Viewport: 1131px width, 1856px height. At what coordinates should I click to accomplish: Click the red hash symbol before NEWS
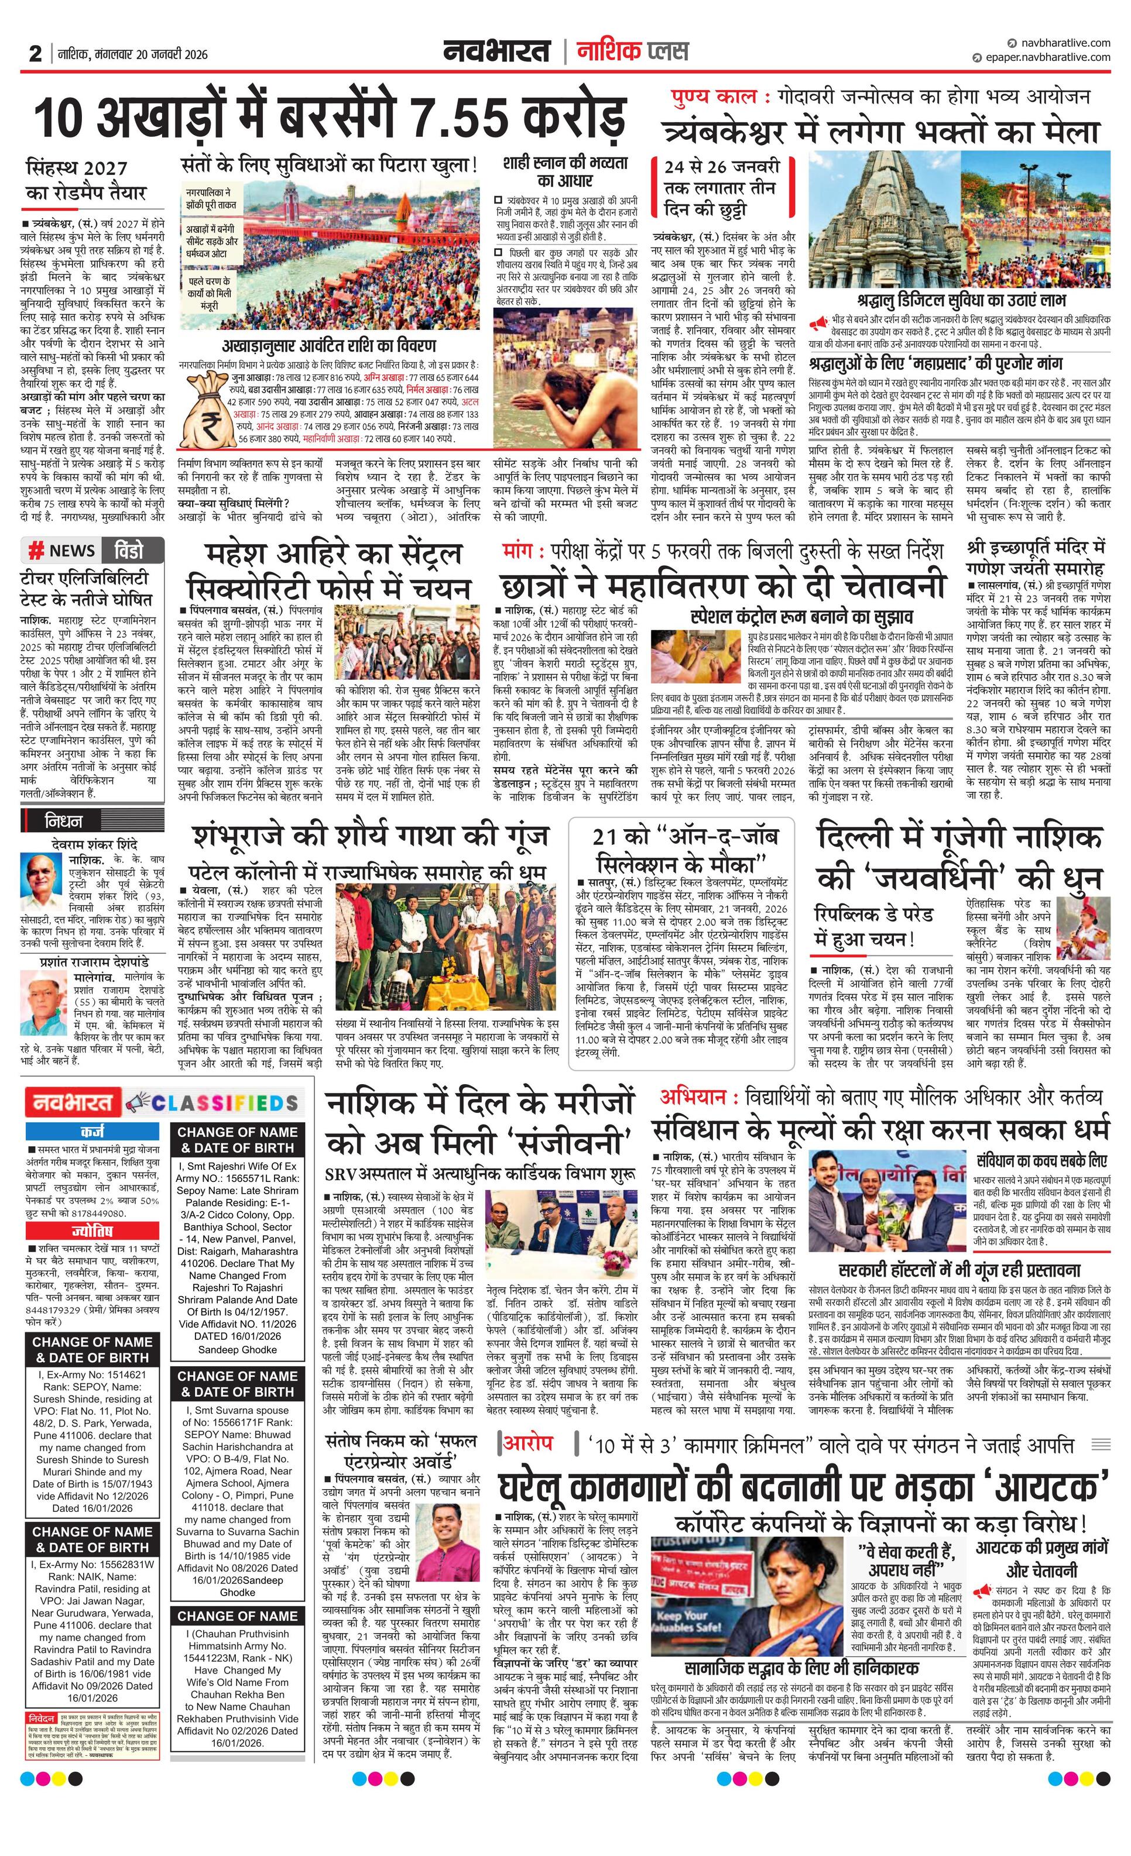coord(35,551)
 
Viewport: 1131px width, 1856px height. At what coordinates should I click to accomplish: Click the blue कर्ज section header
coord(92,1132)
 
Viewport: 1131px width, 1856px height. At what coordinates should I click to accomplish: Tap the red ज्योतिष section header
coord(92,1232)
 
